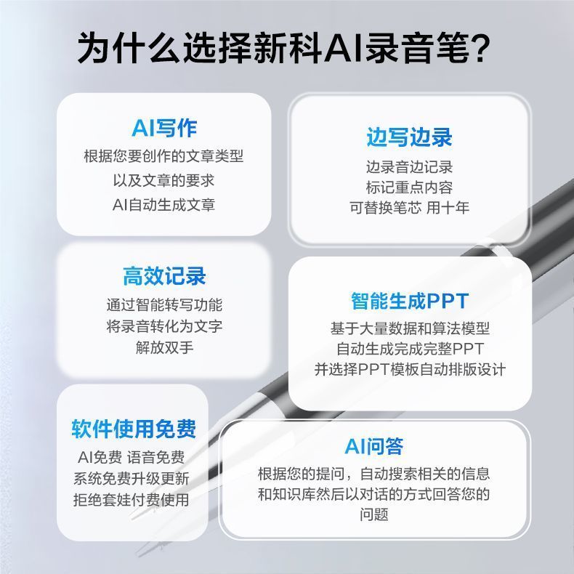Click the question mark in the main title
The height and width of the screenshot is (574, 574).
coord(478,48)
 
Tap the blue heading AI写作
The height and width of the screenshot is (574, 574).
coord(164,128)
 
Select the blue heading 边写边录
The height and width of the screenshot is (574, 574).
coord(409,137)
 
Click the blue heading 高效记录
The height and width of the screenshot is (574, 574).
coord(164,275)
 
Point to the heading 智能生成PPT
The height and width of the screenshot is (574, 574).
coord(410,301)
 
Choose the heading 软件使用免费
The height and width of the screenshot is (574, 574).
coord(134,428)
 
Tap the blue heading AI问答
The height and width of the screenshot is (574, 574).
coord(373,446)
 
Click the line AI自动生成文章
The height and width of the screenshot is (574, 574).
coord(163,205)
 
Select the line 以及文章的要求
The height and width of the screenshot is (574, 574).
coord(163,180)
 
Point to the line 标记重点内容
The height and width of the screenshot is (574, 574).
coord(409,187)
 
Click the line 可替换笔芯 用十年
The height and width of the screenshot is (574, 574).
coord(409,208)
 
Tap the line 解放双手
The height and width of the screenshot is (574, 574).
coord(164,347)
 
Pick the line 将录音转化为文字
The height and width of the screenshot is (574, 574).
coord(164,326)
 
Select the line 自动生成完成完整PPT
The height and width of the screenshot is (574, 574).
coord(410,349)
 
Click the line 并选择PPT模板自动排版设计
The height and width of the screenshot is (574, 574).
coord(410,369)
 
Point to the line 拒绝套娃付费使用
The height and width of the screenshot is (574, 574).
coord(131,499)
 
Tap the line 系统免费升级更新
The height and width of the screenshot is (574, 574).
coord(131,479)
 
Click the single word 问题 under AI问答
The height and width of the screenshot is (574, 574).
coord(373,514)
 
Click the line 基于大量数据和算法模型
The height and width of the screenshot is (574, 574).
coord(410,328)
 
